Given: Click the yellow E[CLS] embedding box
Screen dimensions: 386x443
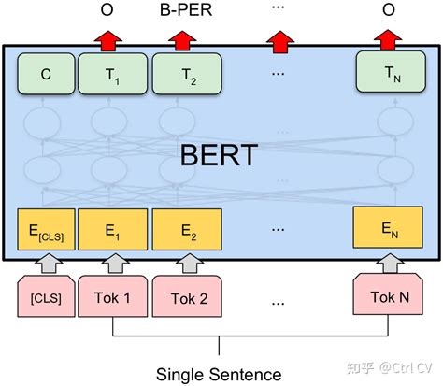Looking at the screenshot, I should (x=46, y=228).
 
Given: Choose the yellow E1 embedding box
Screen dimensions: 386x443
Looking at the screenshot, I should (x=112, y=228).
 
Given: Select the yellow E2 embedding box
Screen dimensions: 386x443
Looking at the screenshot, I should (x=186, y=228).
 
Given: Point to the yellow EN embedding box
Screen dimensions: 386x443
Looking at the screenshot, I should (x=387, y=228).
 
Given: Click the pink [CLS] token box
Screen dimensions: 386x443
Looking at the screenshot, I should (x=45, y=296).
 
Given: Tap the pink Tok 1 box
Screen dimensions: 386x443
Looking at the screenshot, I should (x=112, y=296).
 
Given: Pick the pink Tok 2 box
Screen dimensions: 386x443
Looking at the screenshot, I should (x=186, y=296).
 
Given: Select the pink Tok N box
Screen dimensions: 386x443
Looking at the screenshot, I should (x=387, y=296).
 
